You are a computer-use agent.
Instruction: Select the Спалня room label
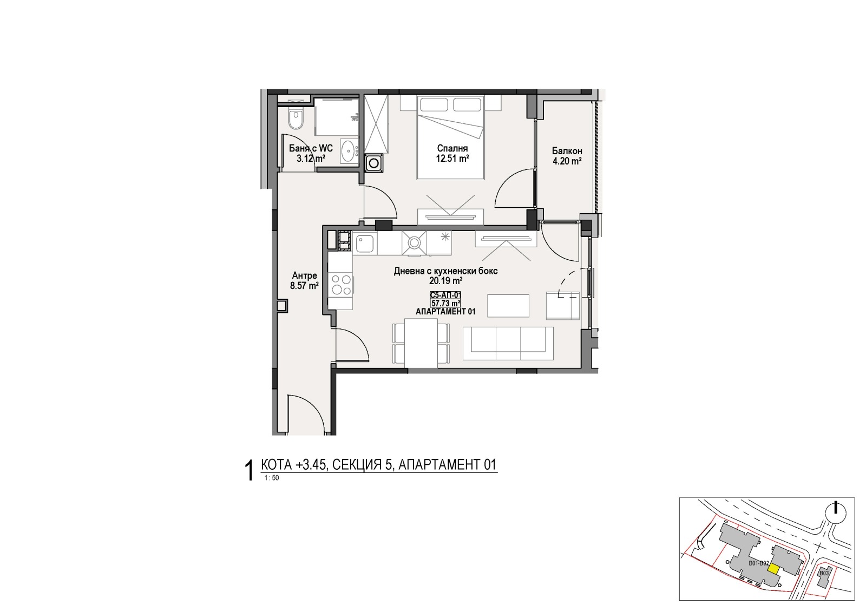[x=452, y=148]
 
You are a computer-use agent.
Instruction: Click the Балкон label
[x=567, y=151]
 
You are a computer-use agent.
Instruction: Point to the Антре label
[x=304, y=275]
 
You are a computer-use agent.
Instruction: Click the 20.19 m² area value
[x=446, y=281]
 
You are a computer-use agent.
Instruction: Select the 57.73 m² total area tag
[x=445, y=304]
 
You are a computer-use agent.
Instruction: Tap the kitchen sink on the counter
[x=365, y=244]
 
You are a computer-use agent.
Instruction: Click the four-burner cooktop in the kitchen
[x=340, y=285]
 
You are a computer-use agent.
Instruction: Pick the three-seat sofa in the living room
[x=508, y=344]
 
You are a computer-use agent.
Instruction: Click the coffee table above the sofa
[x=508, y=305]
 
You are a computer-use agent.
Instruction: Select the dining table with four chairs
[x=421, y=343]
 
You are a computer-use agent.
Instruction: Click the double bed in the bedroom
[x=450, y=137]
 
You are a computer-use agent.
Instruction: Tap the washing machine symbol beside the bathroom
[x=374, y=163]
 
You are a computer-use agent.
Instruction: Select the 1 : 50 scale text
[x=271, y=478]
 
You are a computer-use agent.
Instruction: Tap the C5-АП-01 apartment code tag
[x=445, y=295]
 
